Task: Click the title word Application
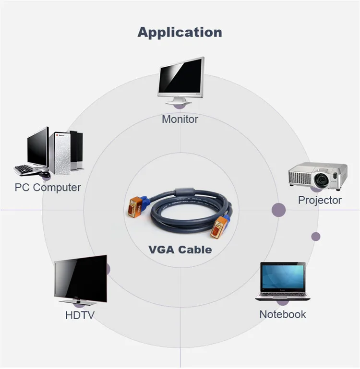[x=180, y=32]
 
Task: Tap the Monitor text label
[x=180, y=119]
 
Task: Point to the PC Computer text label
[x=48, y=187]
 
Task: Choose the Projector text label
[x=320, y=200]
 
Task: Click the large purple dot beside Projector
[x=279, y=210]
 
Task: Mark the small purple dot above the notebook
[x=315, y=236]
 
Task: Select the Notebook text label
[x=282, y=314]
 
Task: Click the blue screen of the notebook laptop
[x=283, y=277]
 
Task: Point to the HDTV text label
[x=80, y=315]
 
